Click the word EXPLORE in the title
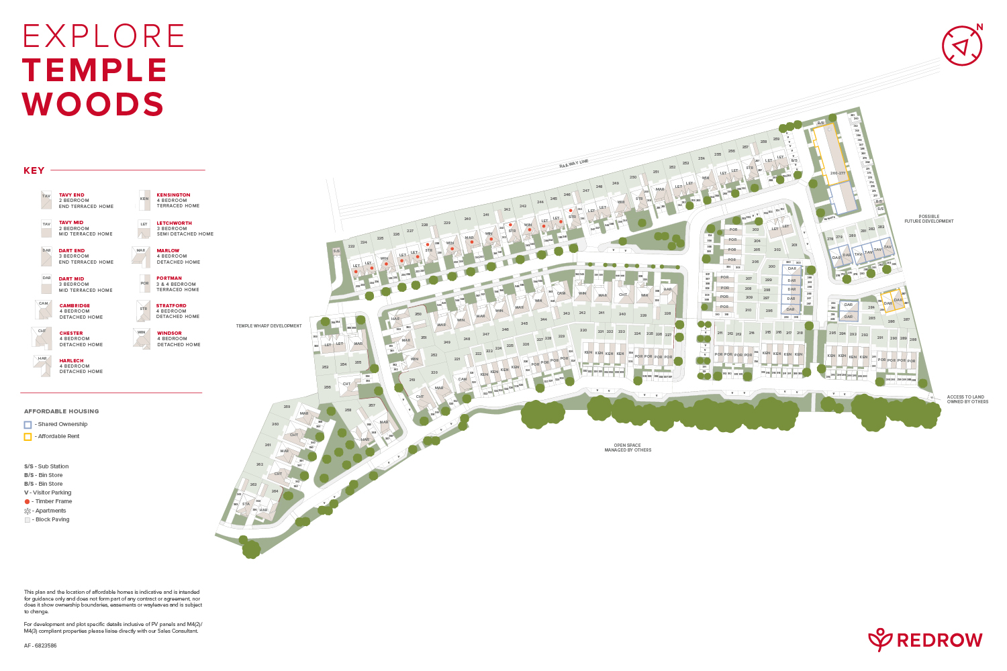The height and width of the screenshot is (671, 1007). click(104, 36)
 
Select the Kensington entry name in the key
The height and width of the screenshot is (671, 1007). click(173, 195)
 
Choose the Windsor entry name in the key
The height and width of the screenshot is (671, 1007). click(169, 333)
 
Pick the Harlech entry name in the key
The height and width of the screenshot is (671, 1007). click(71, 361)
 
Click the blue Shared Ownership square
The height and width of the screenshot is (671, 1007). click(28, 425)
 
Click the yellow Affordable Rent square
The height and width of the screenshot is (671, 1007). click(28, 437)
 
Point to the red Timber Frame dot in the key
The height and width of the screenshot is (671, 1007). click(27, 502)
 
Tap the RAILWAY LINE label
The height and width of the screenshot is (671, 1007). click(574, 163)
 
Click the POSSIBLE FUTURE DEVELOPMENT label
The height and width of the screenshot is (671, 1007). click(928, 219)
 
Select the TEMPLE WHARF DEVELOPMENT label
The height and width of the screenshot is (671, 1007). click(269, 326)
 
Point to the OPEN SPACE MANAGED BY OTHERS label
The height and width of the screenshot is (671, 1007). click(628, 448)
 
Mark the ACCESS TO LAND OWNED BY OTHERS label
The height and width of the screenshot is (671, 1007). click(967, 399)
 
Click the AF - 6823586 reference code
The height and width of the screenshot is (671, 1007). click(40, 646)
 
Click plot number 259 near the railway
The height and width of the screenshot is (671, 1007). click(776, 140)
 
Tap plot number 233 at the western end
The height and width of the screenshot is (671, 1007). click(351, 246)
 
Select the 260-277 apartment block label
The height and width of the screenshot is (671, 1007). click(837, 173)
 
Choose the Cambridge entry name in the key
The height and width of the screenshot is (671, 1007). click(75, 306)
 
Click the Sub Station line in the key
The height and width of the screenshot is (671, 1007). click(46, 466)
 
